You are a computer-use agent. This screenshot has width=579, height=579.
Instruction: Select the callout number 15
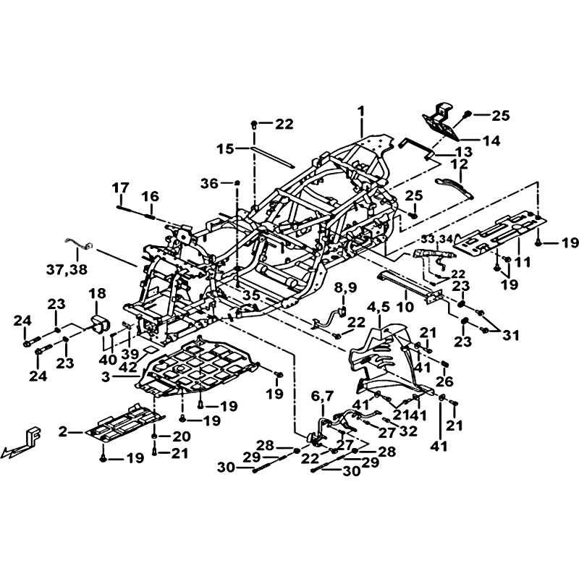225,148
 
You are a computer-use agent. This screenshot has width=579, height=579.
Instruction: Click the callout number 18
97,292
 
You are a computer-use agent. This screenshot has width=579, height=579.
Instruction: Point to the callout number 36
208,184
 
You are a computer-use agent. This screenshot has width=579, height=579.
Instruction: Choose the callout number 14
491,142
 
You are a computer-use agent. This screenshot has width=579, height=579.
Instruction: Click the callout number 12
460,166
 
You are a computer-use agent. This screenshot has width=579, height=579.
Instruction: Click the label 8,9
345,288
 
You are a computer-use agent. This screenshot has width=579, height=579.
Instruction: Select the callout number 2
63,432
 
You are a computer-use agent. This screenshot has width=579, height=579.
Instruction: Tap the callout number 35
250,295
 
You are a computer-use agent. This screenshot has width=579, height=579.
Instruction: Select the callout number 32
409,431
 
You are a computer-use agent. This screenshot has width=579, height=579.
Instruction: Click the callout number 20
180,436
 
